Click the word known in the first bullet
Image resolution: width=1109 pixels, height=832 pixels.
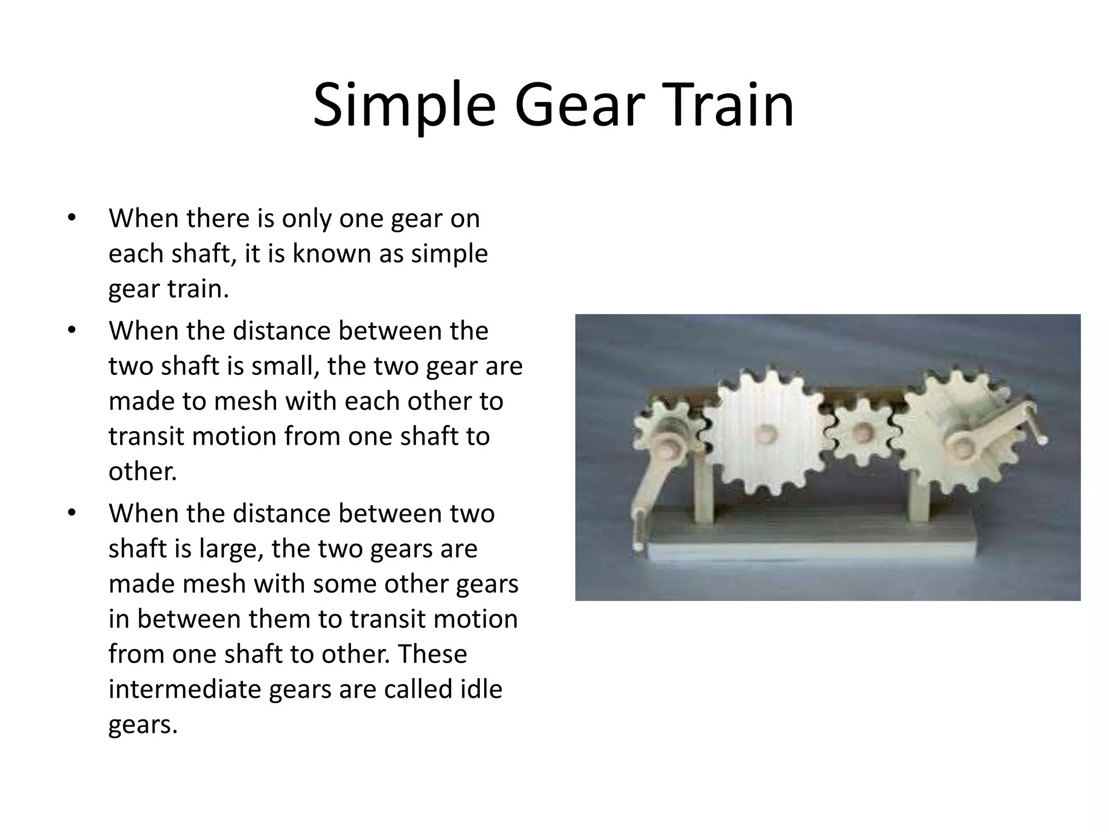331,253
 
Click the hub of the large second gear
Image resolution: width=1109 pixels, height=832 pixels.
765,433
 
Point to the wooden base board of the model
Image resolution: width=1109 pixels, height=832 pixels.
812,542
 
